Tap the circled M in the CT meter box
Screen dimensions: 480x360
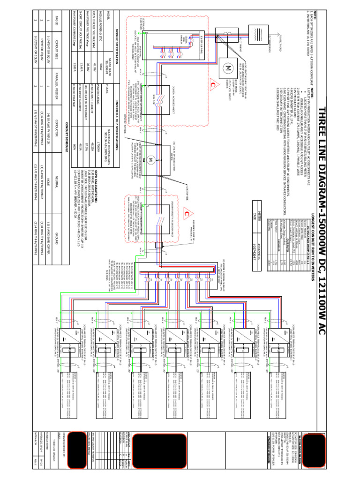click(x=229, y=67)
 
